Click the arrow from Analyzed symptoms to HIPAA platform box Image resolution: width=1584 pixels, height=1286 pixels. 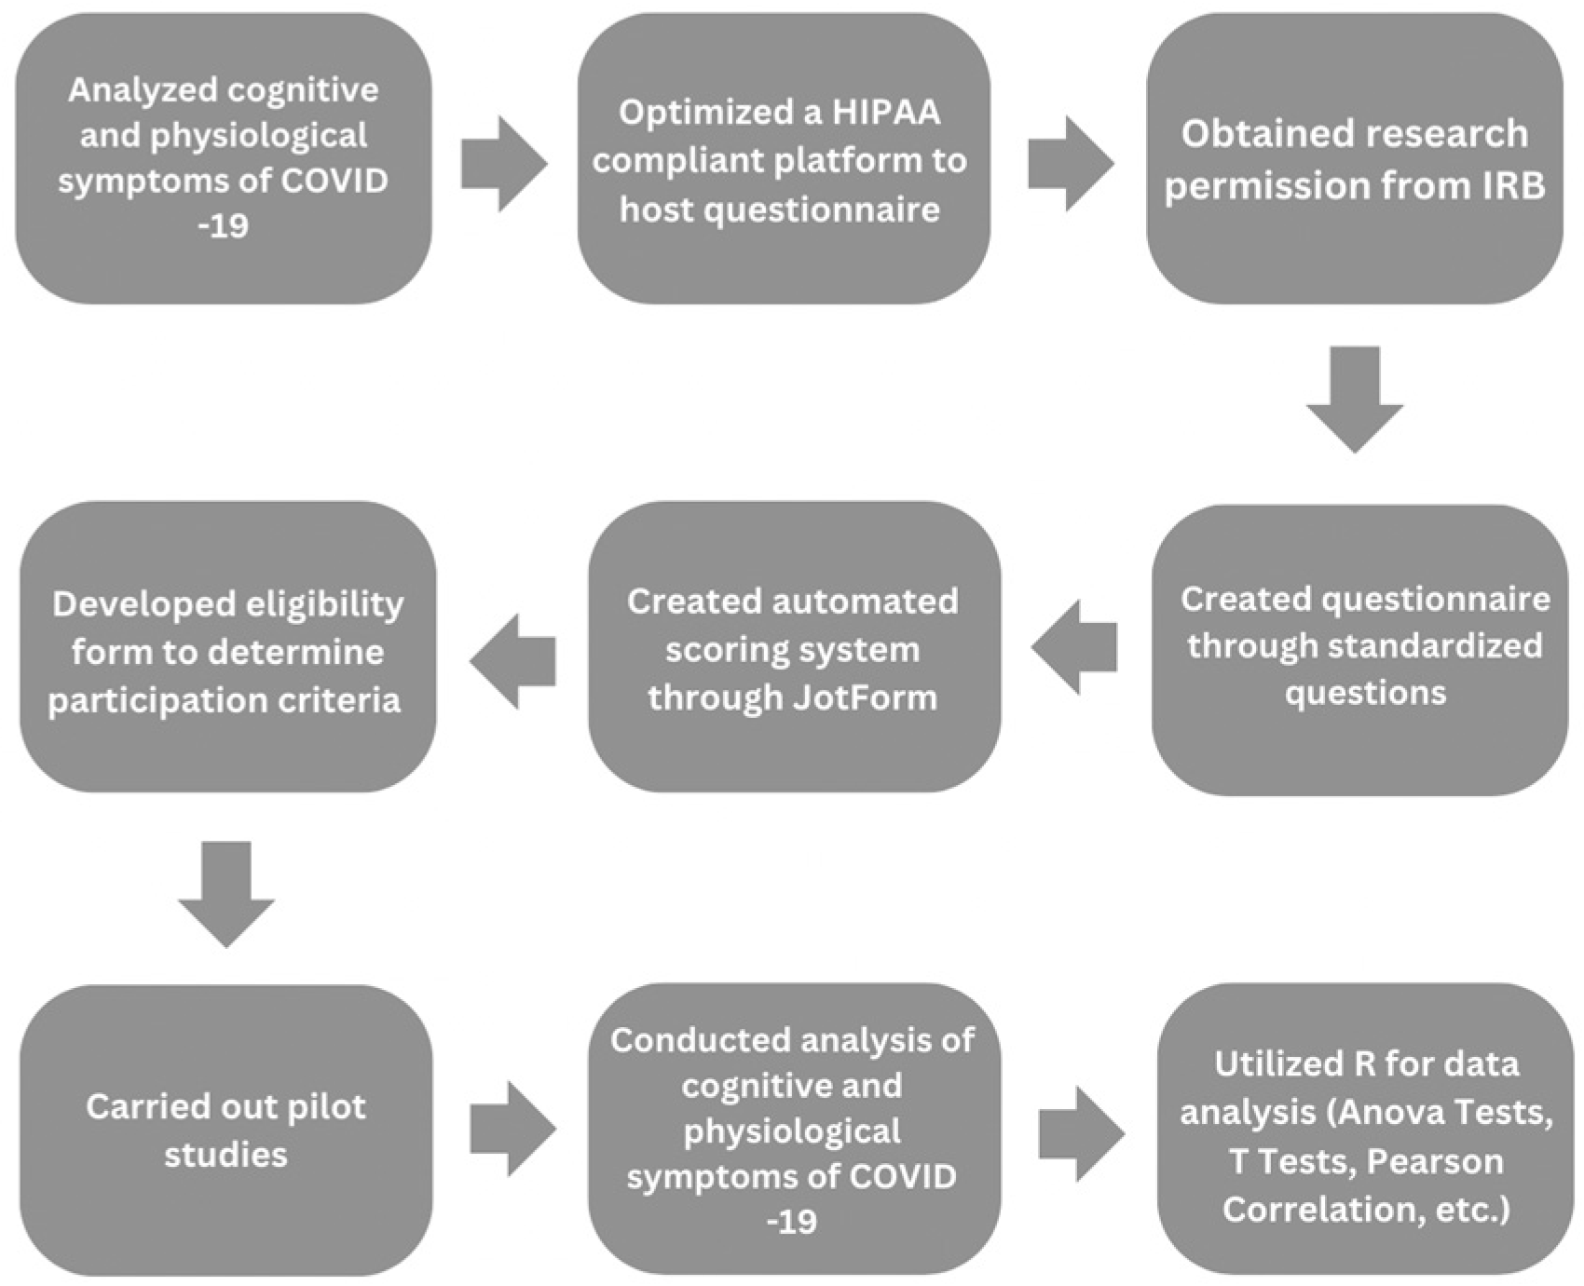coord(503,164)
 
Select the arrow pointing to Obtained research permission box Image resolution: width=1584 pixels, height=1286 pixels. coord(1071,164)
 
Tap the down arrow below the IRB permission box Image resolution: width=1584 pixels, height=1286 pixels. coord(1354,399)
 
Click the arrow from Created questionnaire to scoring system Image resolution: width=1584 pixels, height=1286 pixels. coord(1074,647)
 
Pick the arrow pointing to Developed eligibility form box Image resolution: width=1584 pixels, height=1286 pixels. coord(513,661)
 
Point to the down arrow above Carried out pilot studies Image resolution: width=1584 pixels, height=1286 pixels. coord(226,894)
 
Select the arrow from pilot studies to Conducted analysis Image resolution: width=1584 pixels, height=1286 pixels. coord(512,1129)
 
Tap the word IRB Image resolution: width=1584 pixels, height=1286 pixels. coord(1509,185)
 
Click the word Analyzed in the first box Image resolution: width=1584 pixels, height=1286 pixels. coord(142,90)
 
